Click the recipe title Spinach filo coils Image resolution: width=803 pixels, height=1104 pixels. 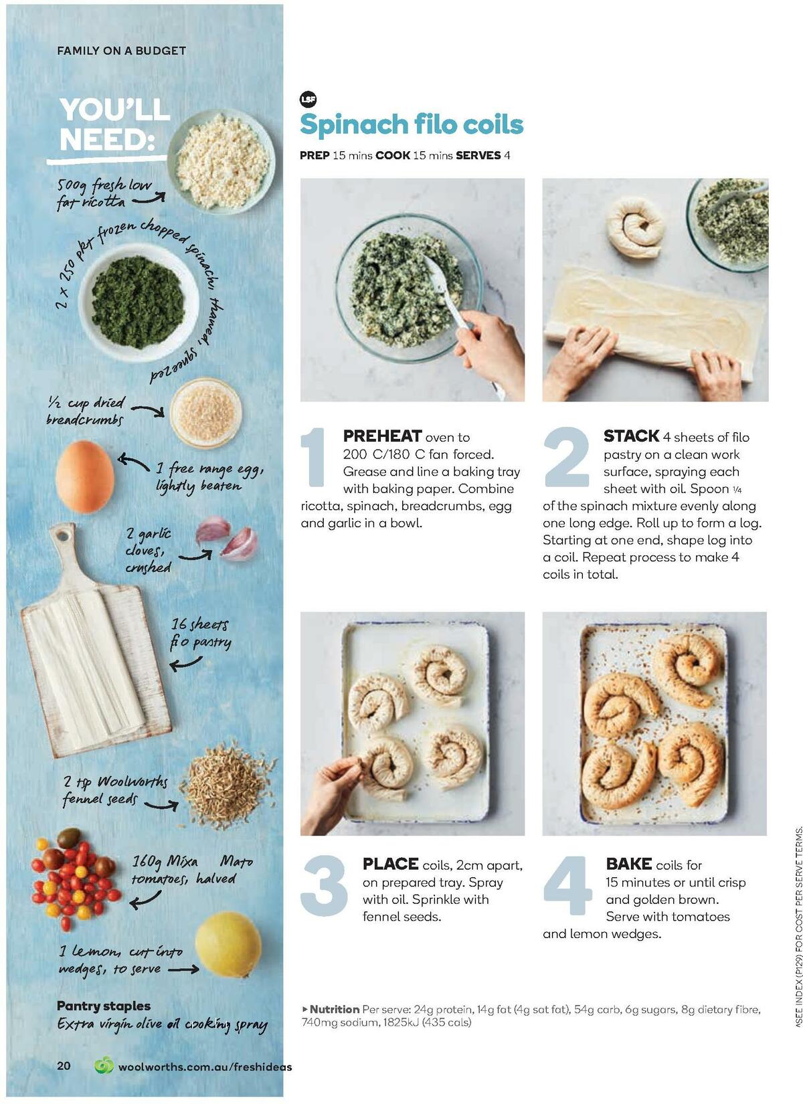coord(411,124)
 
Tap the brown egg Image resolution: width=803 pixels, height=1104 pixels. coord(84,476)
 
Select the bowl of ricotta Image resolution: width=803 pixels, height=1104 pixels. coord(221,161)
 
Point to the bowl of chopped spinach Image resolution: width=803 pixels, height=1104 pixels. coord(139,302)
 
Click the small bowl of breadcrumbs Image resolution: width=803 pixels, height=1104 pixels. coord(205,412)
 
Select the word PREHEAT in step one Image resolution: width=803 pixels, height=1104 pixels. coord(382,436)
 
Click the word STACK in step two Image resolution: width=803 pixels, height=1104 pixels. coord(631,436)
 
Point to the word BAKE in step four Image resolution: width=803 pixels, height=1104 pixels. coord(628,864)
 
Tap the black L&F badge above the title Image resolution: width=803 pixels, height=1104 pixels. coord(308,100)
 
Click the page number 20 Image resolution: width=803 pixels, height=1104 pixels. coord(64,1066)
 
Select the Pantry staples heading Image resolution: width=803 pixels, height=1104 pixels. coord(104,1006)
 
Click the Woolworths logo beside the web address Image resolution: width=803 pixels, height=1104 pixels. coord(104,1065)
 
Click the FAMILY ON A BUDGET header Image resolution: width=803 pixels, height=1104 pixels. coord(122,50)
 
